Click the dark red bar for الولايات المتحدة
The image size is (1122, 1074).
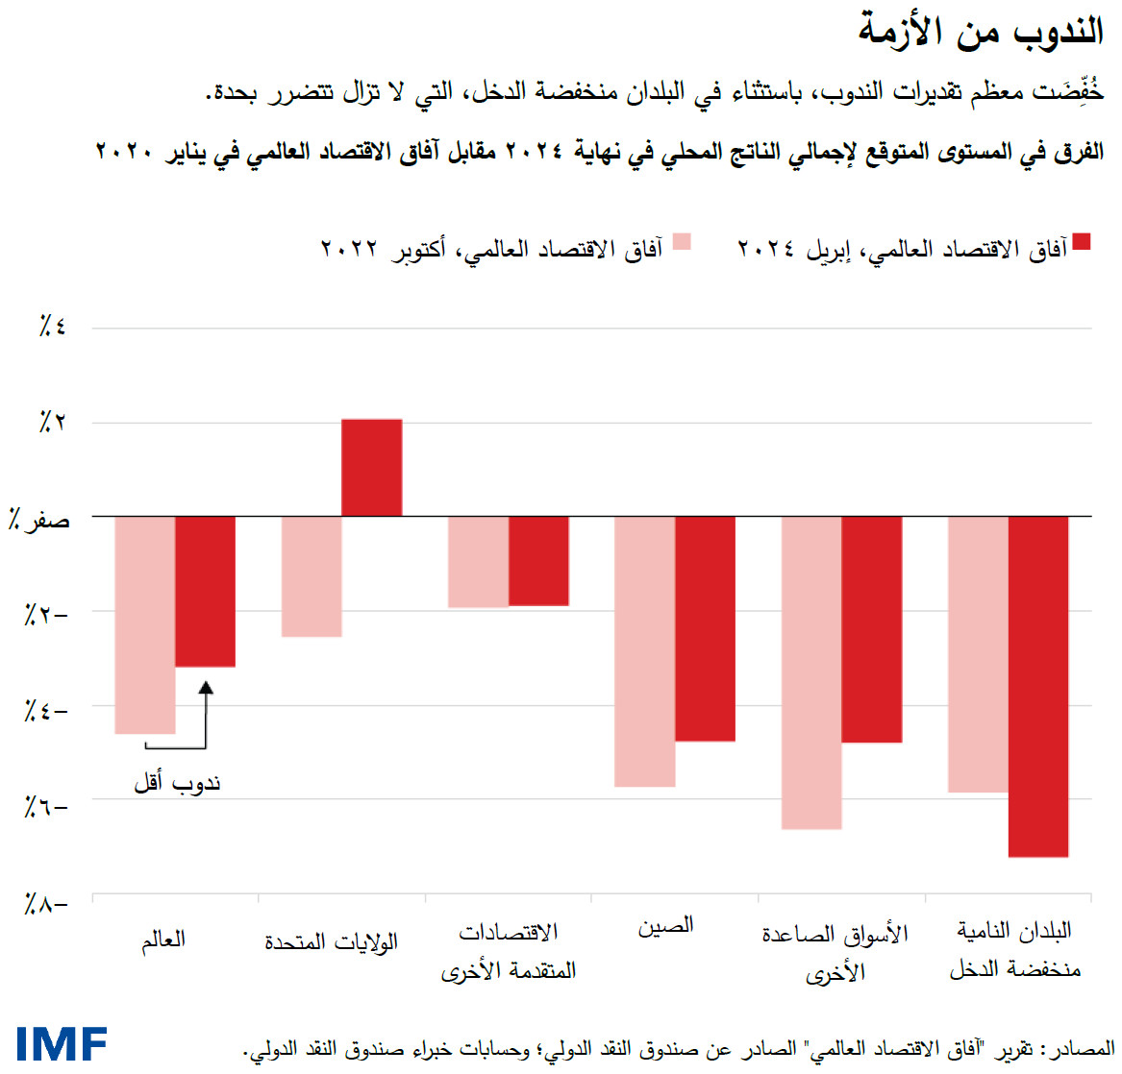pyautogui.click(x=372, y=468)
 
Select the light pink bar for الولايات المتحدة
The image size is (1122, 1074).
pyautogui.click(x=312, y=576)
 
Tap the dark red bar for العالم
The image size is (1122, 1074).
pyautogui.click(x=205, y=591)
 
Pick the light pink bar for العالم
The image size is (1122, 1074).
pyautogui.click(x=145, y=624)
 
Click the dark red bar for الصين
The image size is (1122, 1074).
pyautogui.click(x=705, y=628)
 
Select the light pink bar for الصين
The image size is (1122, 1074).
pyautogui.click(x=644, y=651)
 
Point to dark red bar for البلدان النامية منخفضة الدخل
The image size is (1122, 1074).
pyautogui.click(x=1038, y=686)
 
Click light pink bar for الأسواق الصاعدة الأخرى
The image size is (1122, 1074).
pyautogui.click(x=811, y=672)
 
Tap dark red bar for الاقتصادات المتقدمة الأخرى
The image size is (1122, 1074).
pyautogui.click(x=538, y=561)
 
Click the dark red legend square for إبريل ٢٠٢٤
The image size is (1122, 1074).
pyautogui.click(x=1082, y=241)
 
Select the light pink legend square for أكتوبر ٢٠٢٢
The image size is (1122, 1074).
pyautogui.click(x=682, y=241)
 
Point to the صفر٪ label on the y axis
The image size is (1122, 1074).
pyautogui.click(x=39, y=520)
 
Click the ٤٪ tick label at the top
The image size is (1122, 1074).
pyautogui.click(x=52, y=328)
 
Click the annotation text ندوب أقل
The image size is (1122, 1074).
pyautogui.click(x=178, y=783)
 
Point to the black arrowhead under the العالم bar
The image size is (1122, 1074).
pyautogui.click(x=206, y=687)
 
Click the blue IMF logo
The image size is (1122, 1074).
pyautogui.click(x=62, y=1043)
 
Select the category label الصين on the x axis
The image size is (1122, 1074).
pyautogui.click(x=665, y=926)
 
